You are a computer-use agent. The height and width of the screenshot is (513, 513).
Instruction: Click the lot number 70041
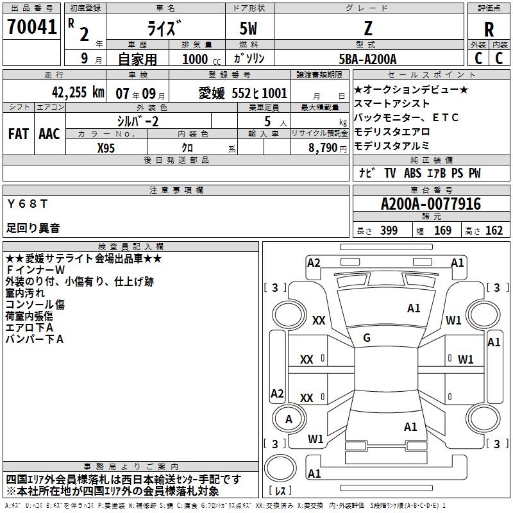(31, 27)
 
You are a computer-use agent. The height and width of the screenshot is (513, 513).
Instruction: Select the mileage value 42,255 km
(78, 92)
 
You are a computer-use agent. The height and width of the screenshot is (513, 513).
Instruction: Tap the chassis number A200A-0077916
(431, 204)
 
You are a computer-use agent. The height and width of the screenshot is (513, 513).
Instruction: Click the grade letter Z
(368, 28)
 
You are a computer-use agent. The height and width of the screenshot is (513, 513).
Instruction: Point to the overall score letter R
(489, 29)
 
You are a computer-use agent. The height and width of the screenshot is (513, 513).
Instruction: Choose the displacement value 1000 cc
(201, 59)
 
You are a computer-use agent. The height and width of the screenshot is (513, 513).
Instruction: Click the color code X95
(106, 148)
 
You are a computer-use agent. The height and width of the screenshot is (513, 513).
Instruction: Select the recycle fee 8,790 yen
(328, 148)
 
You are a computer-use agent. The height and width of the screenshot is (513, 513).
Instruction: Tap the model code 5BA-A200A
(367, 59)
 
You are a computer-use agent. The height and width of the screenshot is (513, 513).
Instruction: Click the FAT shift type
(19, 134)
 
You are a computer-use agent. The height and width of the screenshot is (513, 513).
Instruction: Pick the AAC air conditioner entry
(49, 134)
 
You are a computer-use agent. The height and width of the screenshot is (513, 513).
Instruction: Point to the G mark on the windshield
(367, 338)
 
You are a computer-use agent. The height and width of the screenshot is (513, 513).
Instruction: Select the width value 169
(442, 230)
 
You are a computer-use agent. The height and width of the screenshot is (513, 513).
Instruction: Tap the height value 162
(494, 230)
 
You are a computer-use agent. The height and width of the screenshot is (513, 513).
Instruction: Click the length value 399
(389, 230)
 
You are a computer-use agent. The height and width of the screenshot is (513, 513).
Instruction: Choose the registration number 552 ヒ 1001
(259, 93)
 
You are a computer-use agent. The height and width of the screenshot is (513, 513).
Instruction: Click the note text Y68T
(28, 204)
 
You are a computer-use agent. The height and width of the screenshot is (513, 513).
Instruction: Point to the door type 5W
(248, 28)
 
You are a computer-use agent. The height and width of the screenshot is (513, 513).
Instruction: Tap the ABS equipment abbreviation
(412, 173)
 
